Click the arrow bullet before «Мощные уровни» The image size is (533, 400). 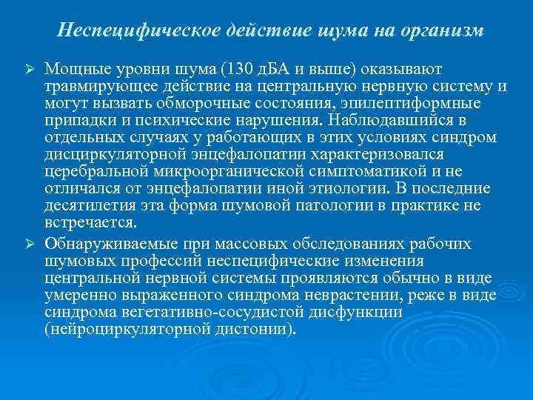coord(32,69)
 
